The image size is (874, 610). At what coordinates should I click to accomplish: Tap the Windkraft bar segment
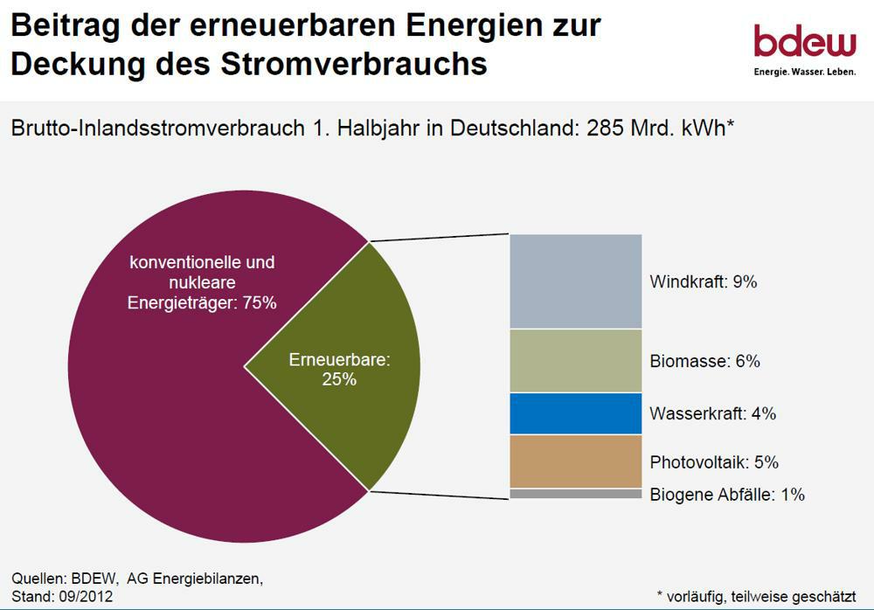click(x=576, y=281)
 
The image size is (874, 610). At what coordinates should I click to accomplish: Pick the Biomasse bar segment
click(x=576, y=361)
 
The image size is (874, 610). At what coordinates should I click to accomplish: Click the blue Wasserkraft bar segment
click(x=576, y=413)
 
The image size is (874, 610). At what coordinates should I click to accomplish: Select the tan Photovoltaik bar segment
click(x=576, y=461)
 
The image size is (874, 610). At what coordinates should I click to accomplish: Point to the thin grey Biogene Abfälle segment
click(x=576, y=494)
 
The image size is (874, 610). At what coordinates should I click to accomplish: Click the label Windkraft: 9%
click(x=703, y=282)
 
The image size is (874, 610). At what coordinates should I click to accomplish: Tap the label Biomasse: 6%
click(x=704, y=361)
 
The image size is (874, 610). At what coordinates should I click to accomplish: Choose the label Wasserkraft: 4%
click(x=712, y=413)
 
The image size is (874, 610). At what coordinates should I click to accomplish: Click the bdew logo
click(x=804, y=40)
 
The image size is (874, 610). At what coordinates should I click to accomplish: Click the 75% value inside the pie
click(x=259, y=303)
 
